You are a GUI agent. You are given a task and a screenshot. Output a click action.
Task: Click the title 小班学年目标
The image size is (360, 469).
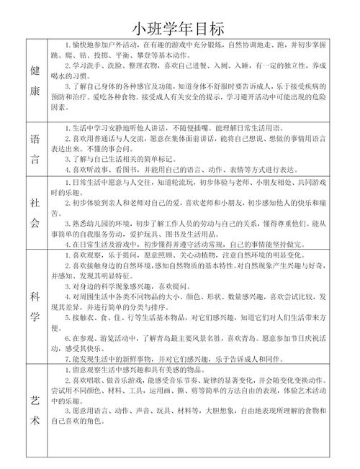[179, 27]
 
